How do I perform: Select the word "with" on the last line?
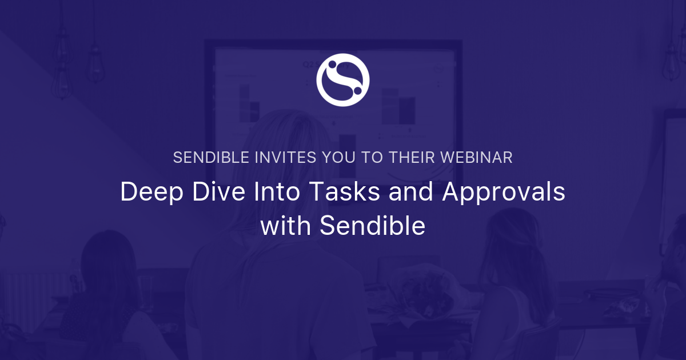click(x=286, y=226)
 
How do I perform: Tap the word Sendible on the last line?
click(x=372, y=226)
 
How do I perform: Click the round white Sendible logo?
click(x=343, y=79)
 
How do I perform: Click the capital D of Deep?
click(x=129, y=192)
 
